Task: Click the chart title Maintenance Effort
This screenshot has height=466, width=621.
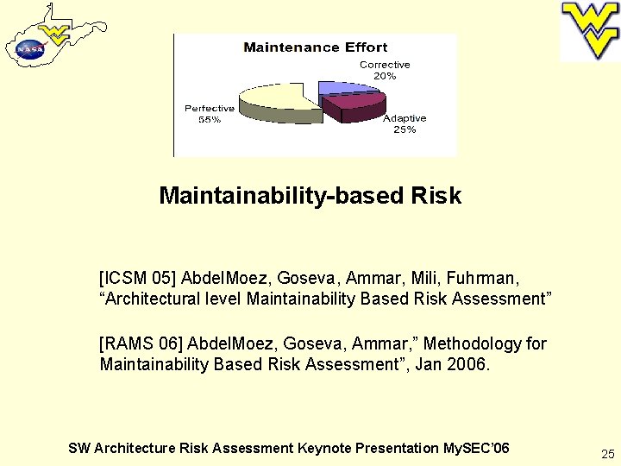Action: coord(315,47)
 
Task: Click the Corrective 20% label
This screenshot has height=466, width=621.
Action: coord(385,70)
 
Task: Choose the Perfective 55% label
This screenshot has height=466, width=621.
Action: coord(209,114)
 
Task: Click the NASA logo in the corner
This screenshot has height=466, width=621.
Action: coord(29,50)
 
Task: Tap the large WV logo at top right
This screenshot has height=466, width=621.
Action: coord(590,30)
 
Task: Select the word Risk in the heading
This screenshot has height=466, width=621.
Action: coord(436,196)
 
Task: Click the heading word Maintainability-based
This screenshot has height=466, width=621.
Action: coord(282,196)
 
